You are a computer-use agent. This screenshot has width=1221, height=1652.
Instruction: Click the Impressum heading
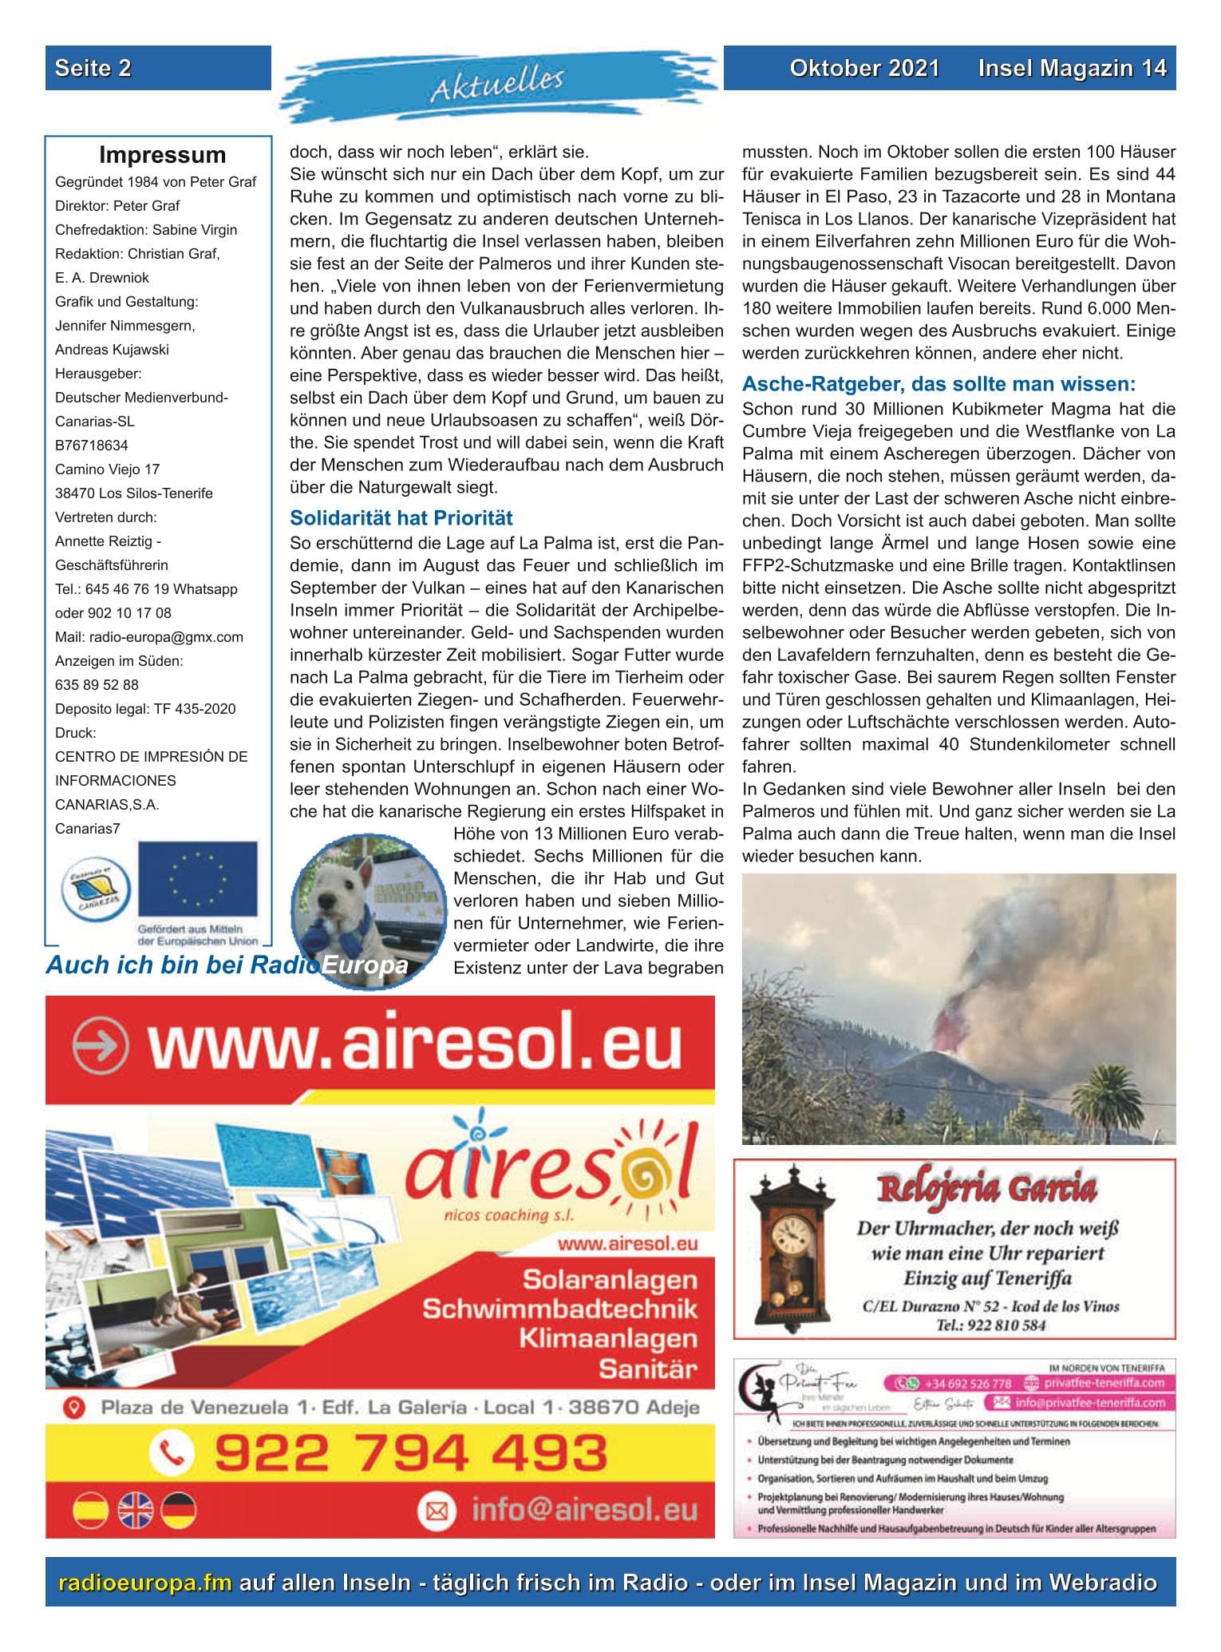tap(162, 155)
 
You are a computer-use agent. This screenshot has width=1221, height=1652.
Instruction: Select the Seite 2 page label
tap(93, 69)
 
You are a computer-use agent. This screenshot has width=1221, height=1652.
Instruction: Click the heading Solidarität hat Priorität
tap(401, 518)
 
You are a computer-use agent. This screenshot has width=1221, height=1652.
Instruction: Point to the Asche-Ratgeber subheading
tap(938, 384)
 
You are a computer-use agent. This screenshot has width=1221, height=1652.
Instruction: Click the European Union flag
tap(198, 878)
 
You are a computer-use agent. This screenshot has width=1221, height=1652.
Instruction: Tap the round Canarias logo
tap(94, 892)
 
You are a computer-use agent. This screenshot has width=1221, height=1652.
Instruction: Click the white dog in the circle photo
tap(338, 900)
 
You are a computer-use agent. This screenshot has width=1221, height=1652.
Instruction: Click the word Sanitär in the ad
tap(647, 1369)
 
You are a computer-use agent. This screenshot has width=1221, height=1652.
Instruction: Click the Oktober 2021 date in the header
tap(864, 69)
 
